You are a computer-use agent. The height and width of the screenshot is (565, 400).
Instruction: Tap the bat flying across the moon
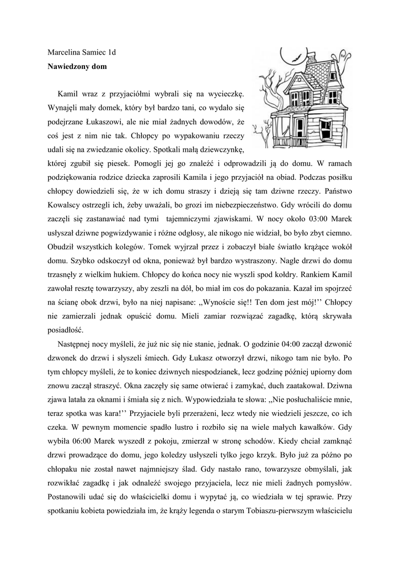tap(295, 57)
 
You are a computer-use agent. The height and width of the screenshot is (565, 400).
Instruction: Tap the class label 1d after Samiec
tap(112, 54)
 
